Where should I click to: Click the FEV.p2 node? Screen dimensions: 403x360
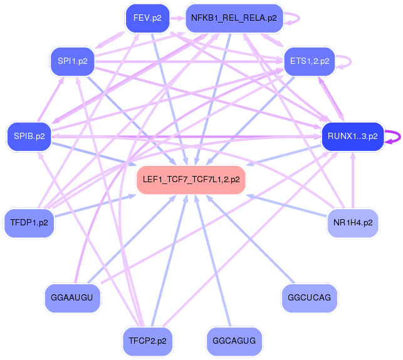148,18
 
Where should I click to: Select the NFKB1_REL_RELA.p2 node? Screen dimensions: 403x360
234,18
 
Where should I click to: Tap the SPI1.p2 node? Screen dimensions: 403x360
72,61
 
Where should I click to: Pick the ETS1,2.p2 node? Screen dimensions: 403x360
310,61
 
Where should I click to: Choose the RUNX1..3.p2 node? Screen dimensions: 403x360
352,136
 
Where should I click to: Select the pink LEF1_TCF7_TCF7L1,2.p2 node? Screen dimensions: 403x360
191,179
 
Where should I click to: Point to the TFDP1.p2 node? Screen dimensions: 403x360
29,222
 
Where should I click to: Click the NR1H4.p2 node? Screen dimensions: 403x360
353,222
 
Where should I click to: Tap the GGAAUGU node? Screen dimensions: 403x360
73,297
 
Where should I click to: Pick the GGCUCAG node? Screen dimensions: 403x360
310,296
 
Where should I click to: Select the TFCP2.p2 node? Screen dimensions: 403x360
147,341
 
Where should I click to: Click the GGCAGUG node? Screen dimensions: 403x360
234,341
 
